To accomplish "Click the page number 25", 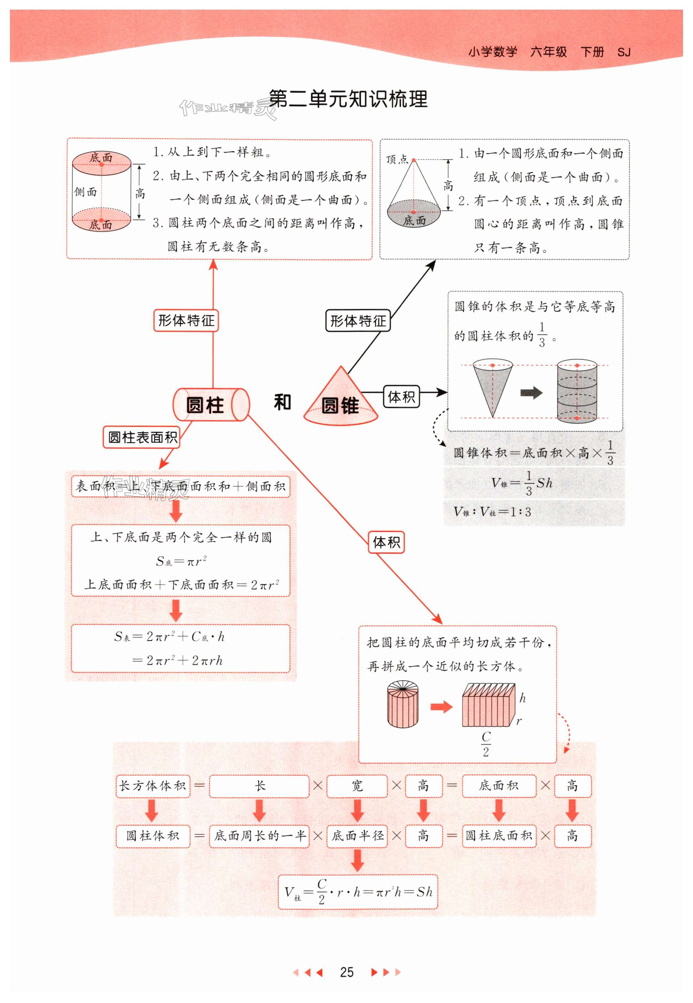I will pos(346,972).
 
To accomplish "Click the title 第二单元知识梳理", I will pos(348,99).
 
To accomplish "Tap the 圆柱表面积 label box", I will pos(142,437).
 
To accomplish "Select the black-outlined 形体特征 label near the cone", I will pos(358,321).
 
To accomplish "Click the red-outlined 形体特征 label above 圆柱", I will pos(186,321).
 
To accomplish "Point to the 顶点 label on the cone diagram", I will pos(397,160).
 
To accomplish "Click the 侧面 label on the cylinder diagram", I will pos(85,191).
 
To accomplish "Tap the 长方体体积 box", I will pos(153,786).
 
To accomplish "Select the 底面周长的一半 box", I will pos(259,836).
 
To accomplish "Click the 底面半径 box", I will pos(357,836).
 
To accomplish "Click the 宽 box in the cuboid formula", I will pos(357,786).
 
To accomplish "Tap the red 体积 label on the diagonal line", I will pos(386,542).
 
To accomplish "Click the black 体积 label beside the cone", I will pos(401,396).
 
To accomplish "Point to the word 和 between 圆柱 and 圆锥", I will pos(282,402).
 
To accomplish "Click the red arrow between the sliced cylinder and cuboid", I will pos(441,707).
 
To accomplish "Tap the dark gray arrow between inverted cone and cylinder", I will pos(532,393).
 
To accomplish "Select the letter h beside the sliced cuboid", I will pos(522,698).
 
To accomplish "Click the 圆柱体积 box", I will pos(153,836).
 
